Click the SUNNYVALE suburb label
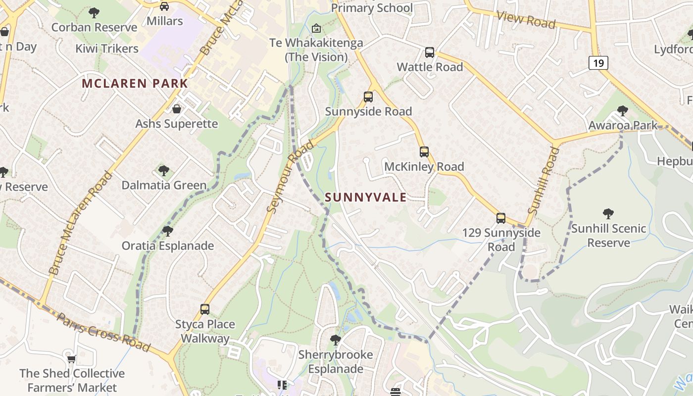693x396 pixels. pyautogui.click(x=366, y=198)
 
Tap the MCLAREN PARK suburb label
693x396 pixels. pyautogui.click(x=135, y=83)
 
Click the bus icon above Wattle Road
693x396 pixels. pyautogui.click(x=430, y=52)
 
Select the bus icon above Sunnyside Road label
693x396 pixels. pyautogui.click(x=368, y=97)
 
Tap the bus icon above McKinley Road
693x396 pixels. pyautogui.click(x=424, y=152)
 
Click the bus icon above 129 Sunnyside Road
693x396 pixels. pyautogui.click(x=501, y=218)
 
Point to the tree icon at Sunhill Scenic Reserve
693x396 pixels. pyautogui.click(x=608, y=214)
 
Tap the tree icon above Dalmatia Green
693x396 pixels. pyautogui.click(x=164, y=171)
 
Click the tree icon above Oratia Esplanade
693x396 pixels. pyautogui.click(x=168, y=231)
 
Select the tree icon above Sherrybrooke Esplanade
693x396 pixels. pyautogui.click(x=336, y=340)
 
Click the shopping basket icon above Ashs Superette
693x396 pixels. pyautogui.click(x=177, y=109)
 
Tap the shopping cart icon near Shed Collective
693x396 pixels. pyautogui.click(x=72, y=358)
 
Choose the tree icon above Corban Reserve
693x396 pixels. pyautogui.click(x=94, y=12)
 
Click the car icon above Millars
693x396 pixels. pyautogui.click(x=164, y=6)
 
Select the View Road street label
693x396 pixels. pyautogui.click(x=526, y=20)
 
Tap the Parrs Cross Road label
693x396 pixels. pyautogui.click(x=103, y=332)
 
